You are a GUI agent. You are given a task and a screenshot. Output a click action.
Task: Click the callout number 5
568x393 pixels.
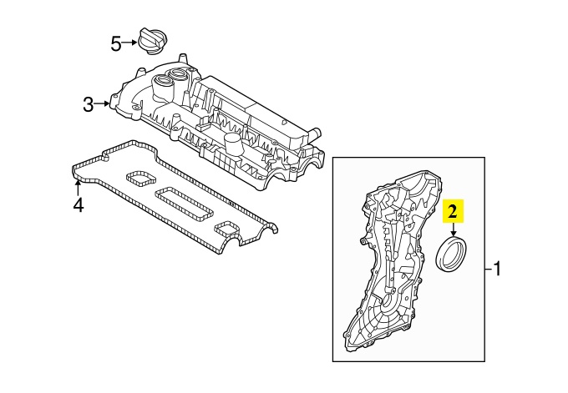[116, 43]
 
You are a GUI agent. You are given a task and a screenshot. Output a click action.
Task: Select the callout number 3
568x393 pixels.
[88, 104]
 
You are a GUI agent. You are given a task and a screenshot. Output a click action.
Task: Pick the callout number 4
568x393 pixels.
[78, 204]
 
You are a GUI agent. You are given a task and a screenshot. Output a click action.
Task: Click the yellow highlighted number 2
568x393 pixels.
[453, 211]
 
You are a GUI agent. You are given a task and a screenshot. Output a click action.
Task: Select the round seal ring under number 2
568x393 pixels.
[454, 254]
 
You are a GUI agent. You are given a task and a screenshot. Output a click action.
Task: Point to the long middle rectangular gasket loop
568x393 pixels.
[188, 202]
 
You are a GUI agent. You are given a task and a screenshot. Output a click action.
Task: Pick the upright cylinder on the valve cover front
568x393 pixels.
[231, 151]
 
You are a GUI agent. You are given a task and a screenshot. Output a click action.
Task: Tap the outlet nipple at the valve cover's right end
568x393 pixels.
[315, 132]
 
